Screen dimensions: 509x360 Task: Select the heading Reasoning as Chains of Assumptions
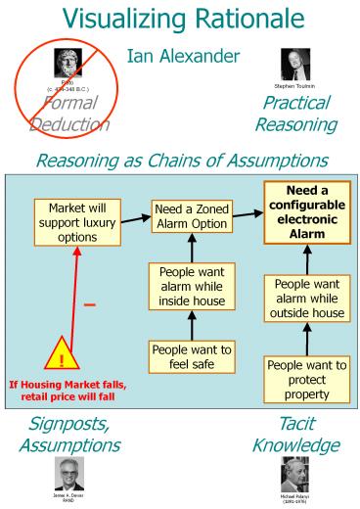180,159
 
